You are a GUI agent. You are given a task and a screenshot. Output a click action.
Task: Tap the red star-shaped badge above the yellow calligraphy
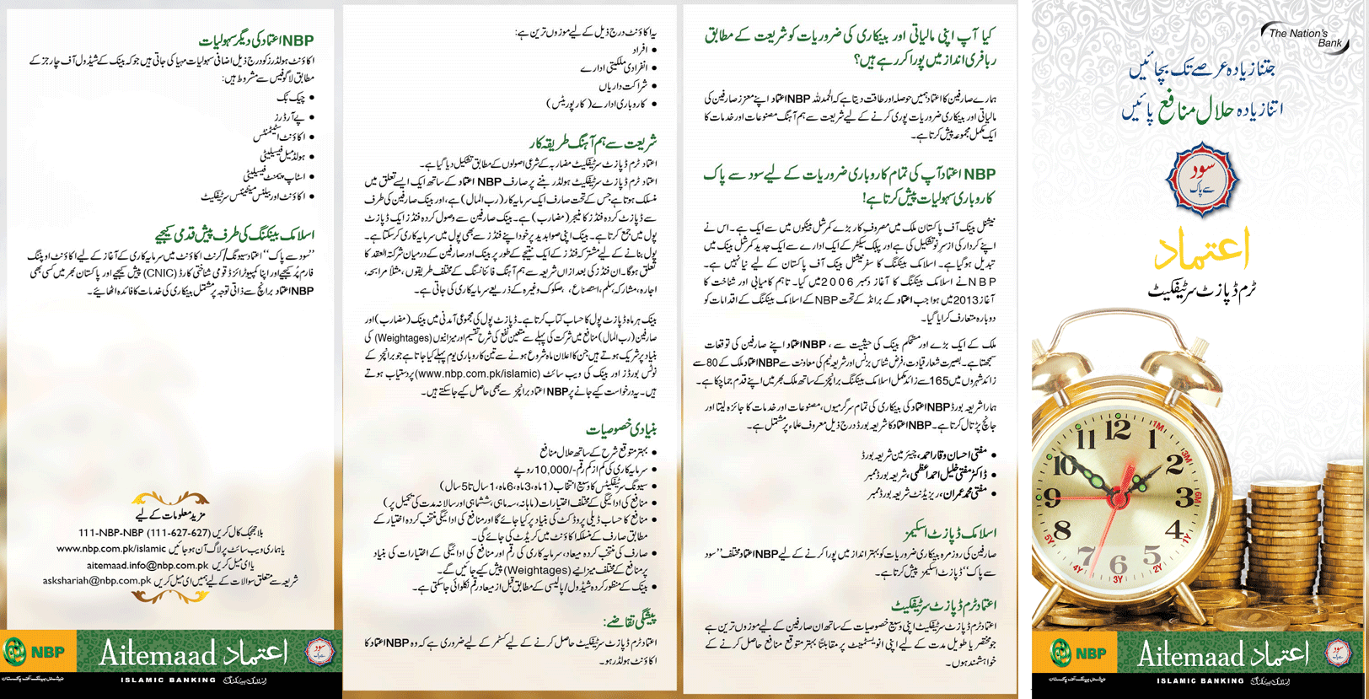[x=1201, y=179]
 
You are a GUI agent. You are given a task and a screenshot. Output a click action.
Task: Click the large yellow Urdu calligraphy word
[x=1200, y=248]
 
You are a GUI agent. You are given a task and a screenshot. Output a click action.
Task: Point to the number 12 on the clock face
[x=1118, y=430]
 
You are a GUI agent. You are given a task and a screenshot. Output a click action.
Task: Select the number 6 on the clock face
[x=1118, y=564]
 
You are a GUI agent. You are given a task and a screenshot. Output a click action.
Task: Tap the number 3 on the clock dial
[x=1185, y=497]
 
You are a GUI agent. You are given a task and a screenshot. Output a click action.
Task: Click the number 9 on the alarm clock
[x=1052, y=498]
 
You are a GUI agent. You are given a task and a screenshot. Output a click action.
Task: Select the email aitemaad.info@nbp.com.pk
[x=148, y=565]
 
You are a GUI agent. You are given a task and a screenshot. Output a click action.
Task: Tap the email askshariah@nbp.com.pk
[x=97, y=580]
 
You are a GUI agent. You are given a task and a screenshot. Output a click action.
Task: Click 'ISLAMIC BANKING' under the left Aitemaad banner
[x=168, y=680]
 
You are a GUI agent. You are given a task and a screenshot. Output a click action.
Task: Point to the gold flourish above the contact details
[x=171, y=499]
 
